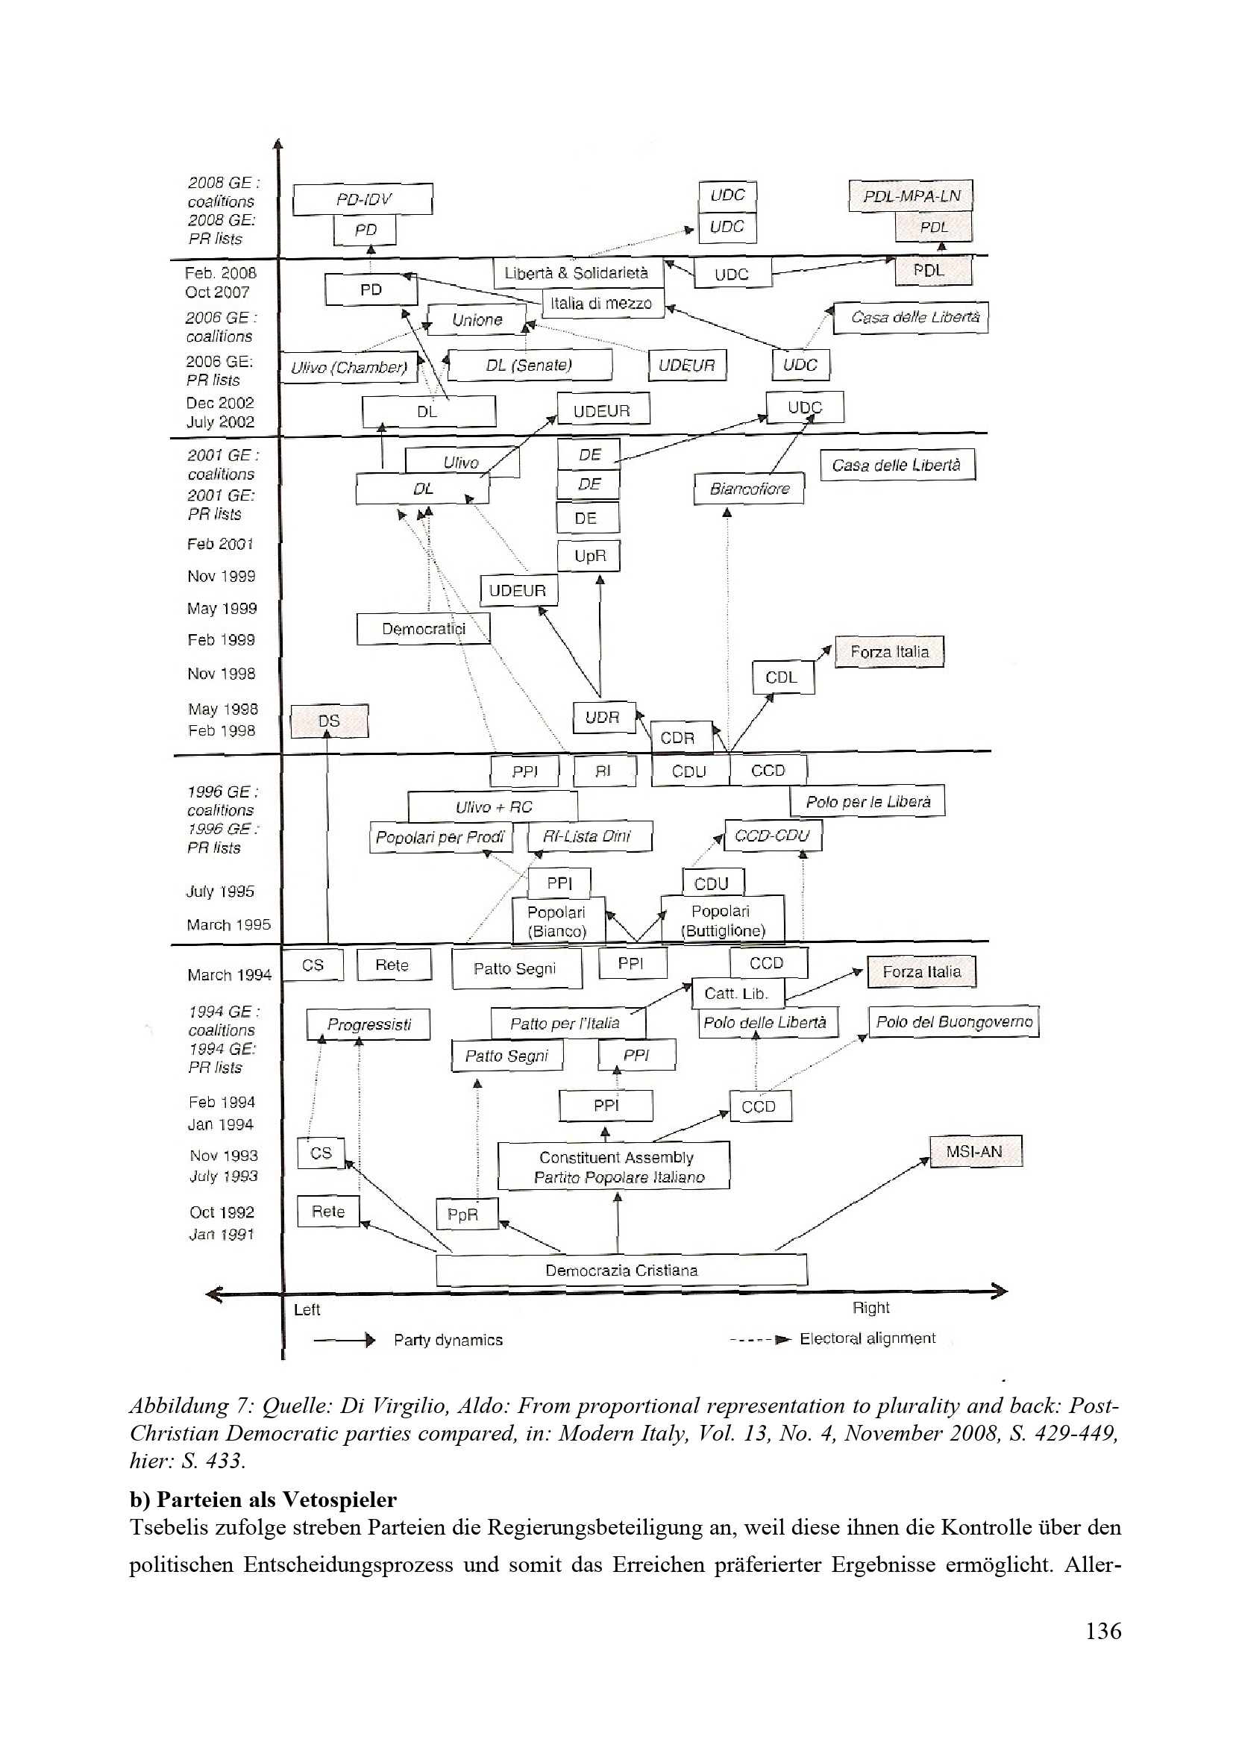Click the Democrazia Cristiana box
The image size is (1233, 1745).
pyautogui.click(x=621, y=1270)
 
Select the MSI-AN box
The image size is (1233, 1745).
pyautogui.click(x=976, y=1150)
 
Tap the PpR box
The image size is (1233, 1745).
pyautogui.click(x=466, y=1214)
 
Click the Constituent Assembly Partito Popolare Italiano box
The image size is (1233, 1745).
pyautogui.click(x=614, y=1166)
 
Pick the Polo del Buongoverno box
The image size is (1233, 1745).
pyautogui.click(x=954, y=1021)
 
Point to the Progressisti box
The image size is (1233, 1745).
pyautogui.click(x=368, y=1024)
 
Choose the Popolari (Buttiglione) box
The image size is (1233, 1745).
pyautogui.click(x=722, y=919)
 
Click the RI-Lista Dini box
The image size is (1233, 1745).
pyautogui.click(x=589, y=837)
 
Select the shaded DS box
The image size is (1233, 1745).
pyautogui.click(x=329, y=721)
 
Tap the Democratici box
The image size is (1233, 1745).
pyautogui.click(x=423, y=628)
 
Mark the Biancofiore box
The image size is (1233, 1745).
pyautogui.click(x=749, y=489)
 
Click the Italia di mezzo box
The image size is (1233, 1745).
pyautogui.click(x=603, y=303)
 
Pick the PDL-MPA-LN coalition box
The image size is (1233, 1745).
pyautogui.click(x=911, y=196)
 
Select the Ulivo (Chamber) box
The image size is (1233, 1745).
pyautogui.click(x=350, y=368)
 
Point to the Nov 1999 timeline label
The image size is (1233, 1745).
pyautogui.click(x=221, y=576)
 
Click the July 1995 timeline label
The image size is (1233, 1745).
pyautogui.click(x=220, y=891)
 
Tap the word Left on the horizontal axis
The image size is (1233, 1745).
pyautogui.click(x=307, y=1309)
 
